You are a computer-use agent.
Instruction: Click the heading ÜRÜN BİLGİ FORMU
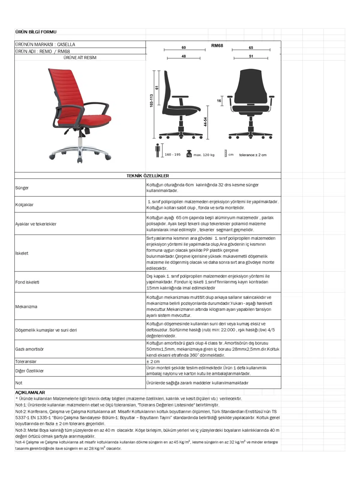(x=36, y=32)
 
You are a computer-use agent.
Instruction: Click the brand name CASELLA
(x=66, y=44)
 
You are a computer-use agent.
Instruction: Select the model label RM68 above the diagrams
(x=217, y=46)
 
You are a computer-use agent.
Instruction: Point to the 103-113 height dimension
(x=151, y=101)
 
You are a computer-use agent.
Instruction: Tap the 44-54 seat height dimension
(x=205, y=122)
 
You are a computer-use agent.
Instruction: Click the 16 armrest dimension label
(x=219, y=101)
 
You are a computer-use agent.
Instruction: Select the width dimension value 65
(x=251, y=48)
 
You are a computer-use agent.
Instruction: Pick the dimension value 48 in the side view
(x=184, y=56)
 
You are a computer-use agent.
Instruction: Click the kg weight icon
(x=189, y=154)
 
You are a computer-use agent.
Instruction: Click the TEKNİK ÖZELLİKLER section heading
(x=148, y=176)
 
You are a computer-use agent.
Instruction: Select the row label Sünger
(x=22, y=188)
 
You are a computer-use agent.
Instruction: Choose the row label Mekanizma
(x=26, y=307)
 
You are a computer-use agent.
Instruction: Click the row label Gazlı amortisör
(x=29, y=349)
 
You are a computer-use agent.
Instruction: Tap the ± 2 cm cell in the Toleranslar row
(x=153, y=361)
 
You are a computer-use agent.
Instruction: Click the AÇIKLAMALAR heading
(x=30, y=392)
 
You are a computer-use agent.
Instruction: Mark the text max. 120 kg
(x=204, y=155)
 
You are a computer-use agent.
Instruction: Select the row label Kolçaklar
(x=24, y=205)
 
